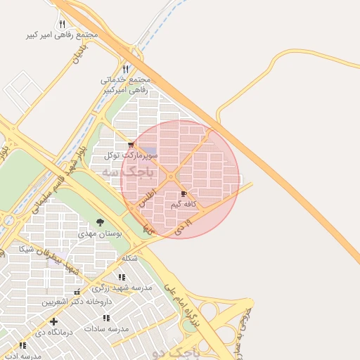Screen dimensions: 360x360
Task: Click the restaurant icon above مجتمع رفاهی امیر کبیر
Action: [x=62, y=24]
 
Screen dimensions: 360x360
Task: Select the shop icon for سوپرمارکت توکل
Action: [x=131, y=145]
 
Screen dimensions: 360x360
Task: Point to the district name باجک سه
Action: [x=127, y=172]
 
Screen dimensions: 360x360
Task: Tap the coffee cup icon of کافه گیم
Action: [x=184, y=193]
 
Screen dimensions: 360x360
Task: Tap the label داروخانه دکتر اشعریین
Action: [x=72, y=302]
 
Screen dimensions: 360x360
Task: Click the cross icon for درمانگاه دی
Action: [x=53, y=321]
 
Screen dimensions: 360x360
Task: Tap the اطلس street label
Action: [x=144, y=198]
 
